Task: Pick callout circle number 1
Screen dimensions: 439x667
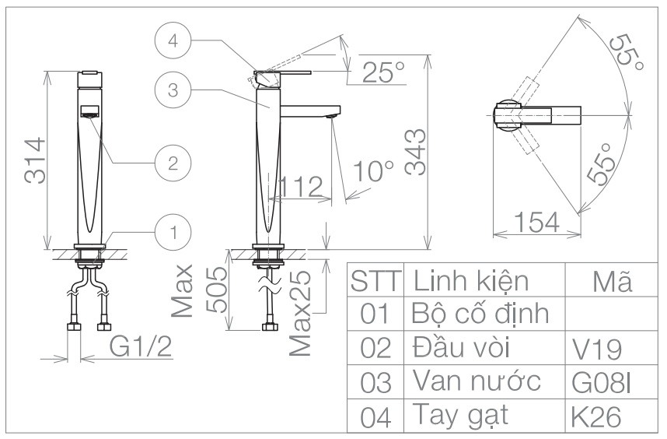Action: pyautogui.click(x=173, y=230)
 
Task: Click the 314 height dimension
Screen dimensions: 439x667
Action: pyautogui.click(x=33, y=162)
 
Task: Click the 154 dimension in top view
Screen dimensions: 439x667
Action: pyautogui.click(x=536, y=223)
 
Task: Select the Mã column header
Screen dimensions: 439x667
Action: pyautogui.click(x=609, y=281)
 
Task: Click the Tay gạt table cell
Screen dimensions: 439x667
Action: pyautogui.click(x=459, y=416)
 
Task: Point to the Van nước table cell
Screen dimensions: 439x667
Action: pyautogui.click(x=477, y=382)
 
